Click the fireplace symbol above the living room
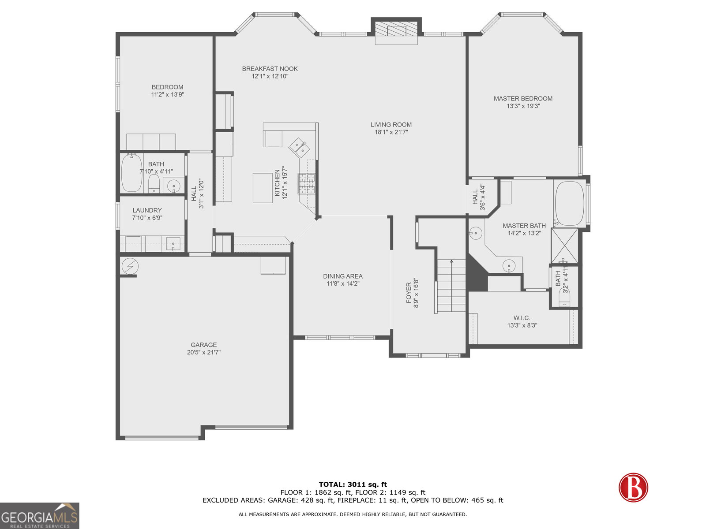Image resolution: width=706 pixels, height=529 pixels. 396,31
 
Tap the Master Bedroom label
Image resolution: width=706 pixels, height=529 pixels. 523,99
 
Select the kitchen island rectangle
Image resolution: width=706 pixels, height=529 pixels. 263,188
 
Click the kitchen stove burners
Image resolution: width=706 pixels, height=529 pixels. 306,183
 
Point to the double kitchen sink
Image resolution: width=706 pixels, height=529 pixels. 300,147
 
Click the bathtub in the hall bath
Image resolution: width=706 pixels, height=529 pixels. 132,173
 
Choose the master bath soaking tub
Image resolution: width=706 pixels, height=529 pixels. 570,203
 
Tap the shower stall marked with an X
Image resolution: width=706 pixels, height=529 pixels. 565,246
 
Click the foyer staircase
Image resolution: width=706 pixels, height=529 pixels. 451,285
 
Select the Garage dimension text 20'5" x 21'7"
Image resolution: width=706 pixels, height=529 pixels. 203,352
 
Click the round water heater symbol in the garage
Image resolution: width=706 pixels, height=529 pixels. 130,266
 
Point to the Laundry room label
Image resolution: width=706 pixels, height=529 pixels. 147,210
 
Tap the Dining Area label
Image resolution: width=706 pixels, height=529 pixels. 343,276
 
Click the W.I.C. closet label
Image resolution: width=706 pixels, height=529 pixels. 522,318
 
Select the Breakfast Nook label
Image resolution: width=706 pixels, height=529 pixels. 270,69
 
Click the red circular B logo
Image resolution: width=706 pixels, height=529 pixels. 633,487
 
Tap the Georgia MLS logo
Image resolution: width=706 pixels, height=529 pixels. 40,515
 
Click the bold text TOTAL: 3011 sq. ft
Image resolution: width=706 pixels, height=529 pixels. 353,484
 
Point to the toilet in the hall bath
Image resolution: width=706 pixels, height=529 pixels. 154,183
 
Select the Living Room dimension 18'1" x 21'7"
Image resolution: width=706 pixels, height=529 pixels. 391,132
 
